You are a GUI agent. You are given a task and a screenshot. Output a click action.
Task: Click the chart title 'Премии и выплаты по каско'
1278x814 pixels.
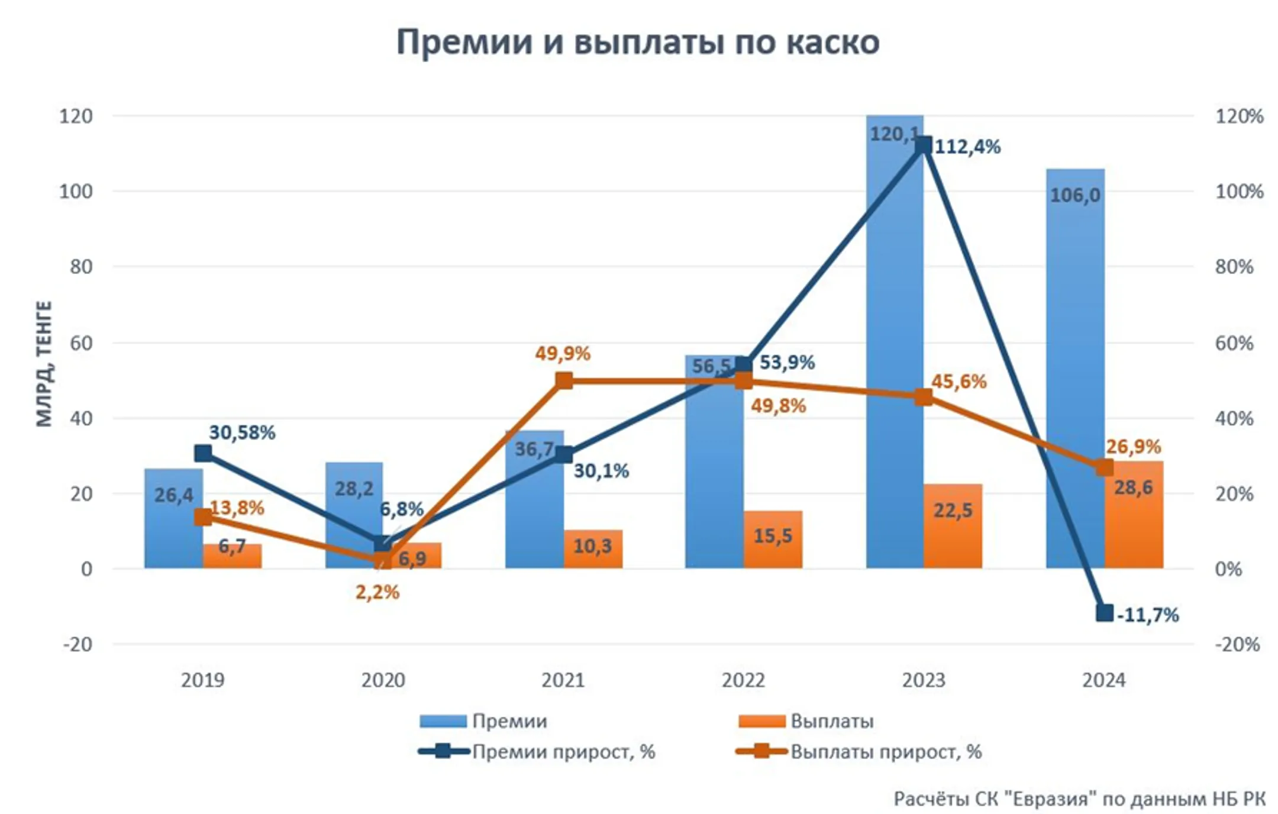point(637,43)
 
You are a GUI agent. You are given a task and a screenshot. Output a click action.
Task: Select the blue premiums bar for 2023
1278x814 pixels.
point(894,355)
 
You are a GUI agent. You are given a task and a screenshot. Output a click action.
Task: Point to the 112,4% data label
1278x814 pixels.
point(967,146)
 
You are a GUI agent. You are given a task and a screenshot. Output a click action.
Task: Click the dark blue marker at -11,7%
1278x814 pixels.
point(1104,613)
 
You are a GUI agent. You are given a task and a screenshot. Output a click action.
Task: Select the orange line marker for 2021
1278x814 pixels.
point(564,380)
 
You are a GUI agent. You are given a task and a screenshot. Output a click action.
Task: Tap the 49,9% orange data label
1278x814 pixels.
point(562,353)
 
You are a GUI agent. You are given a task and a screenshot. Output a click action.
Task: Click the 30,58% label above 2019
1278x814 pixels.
point(241,432)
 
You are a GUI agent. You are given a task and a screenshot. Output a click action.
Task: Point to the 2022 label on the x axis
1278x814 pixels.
point(743,680)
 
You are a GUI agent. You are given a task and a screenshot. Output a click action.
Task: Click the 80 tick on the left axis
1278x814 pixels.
point(81,267)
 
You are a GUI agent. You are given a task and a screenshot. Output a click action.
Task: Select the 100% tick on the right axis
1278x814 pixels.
point(1239,192)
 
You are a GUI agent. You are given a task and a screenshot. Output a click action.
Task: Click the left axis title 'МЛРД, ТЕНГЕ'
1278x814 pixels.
point(44,363)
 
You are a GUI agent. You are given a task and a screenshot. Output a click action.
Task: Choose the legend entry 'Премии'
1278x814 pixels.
point(509,721)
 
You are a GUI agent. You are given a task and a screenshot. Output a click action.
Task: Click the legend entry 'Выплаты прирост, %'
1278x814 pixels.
point(886,752)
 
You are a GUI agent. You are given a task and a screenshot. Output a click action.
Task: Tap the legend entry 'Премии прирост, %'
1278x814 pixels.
point(563,752)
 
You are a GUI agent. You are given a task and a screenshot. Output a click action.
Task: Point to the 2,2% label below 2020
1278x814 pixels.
point(377,592)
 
